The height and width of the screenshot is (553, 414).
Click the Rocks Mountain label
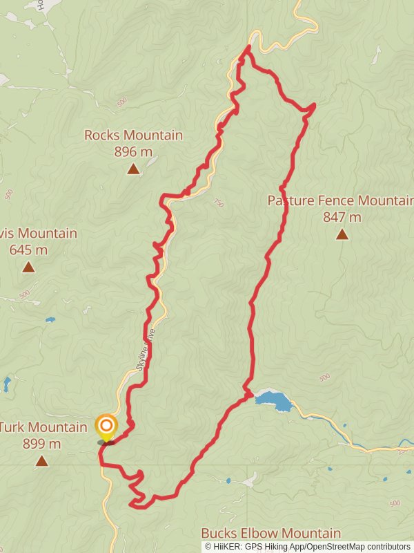coord(133,135)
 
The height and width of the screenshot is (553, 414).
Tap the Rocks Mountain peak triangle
coord(133,168)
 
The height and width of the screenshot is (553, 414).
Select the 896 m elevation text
coord(133,151)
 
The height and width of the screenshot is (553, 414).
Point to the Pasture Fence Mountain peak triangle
coord(342,234)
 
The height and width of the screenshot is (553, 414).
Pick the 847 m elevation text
coord(342,217)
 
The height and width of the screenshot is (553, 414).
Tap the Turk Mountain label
coord(43,427)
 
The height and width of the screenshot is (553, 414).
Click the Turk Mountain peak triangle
coord(41,460)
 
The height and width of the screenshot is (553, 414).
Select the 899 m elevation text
coord(41,444)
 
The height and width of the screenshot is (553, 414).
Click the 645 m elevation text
coord(28,250)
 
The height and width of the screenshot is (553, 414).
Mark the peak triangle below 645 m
coord(28,267)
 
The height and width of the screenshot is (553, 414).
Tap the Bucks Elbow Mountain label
coord(270,533)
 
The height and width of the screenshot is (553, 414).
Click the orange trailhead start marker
coord(106,425)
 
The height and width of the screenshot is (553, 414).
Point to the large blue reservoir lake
coord(275,400)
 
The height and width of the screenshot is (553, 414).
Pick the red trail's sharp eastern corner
coord(314,105)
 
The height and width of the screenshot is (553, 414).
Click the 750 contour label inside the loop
coord(219,203)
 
